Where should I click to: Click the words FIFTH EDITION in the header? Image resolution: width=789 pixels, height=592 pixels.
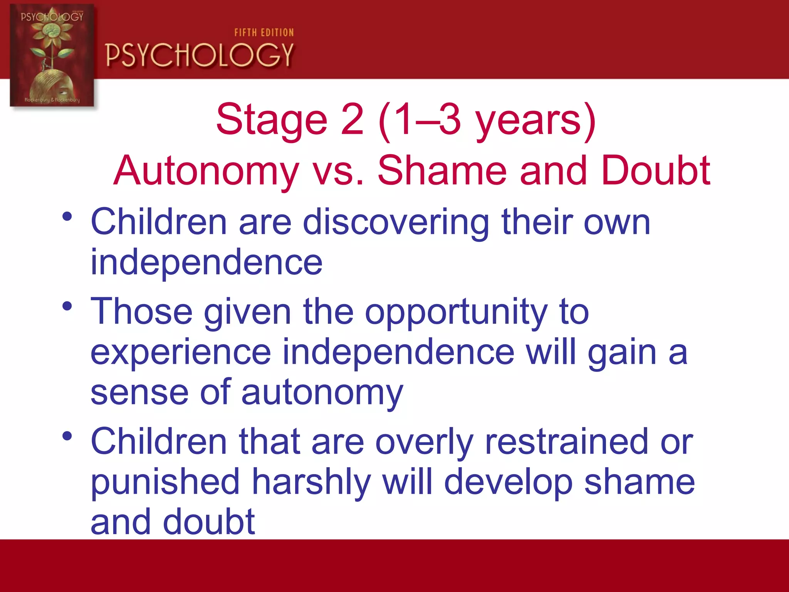click(x=264, y=33)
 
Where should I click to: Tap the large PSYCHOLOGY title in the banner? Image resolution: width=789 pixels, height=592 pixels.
click(x=200, y=55)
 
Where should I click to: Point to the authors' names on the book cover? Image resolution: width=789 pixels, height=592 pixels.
click(x=52, y=100)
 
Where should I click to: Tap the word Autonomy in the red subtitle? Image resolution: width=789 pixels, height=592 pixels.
click(x=206, y=171)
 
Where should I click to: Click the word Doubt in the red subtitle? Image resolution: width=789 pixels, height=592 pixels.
click(x=655, y=171)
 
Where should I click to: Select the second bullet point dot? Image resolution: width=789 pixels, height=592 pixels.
click(x=67, y=306)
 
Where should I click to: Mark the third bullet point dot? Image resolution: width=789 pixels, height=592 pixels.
click(x=67, y=436)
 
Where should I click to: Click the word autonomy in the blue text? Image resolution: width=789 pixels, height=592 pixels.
click(x=322, y=394)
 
